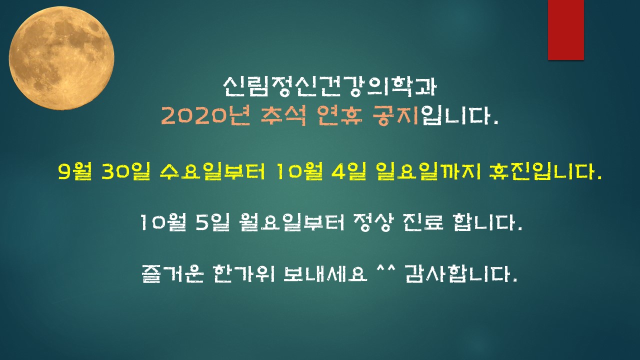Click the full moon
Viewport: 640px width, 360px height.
click(x=61, y=58)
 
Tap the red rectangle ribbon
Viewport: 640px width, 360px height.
click(x=565, y=30)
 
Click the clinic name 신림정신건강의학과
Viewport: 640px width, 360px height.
click(x=329, y=86)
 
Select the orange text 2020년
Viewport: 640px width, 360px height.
click(x=205, y=116)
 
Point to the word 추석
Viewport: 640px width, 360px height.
click(x=283, y=116)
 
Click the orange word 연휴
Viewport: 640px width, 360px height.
click(x=340, y=116)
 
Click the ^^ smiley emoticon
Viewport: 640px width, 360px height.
click(x=385, y=269)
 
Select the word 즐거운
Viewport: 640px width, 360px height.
click(x=172, y=273)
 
